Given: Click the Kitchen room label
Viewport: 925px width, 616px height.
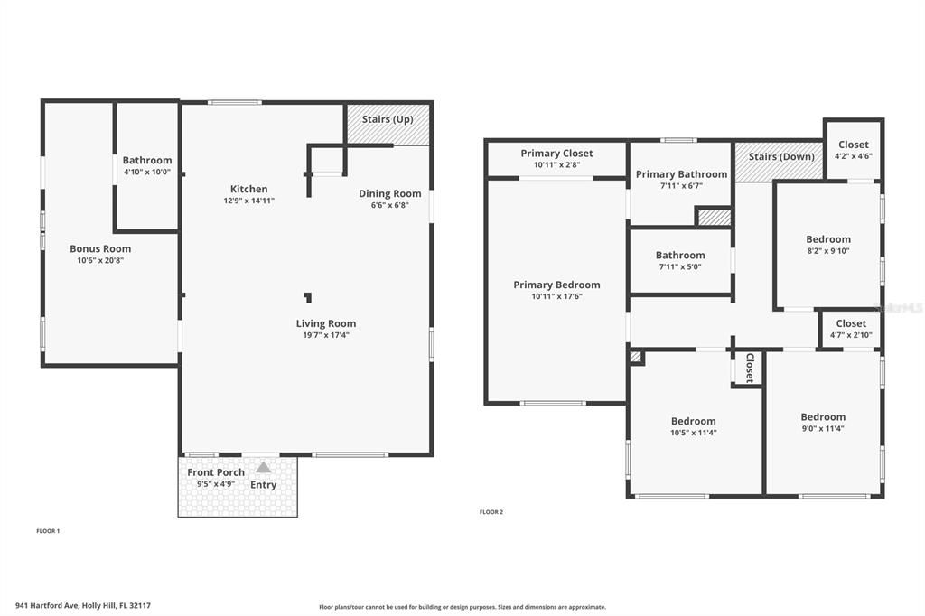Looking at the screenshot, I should point(248,189).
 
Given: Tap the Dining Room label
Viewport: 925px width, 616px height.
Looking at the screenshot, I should point(389,193).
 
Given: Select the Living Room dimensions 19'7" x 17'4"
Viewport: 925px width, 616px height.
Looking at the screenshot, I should point(326,335).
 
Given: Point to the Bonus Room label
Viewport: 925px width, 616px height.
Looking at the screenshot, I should point(100,248).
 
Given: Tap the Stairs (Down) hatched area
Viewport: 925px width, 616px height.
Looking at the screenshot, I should point(779,162).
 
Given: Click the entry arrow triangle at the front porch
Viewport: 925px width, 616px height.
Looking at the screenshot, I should point(263,468).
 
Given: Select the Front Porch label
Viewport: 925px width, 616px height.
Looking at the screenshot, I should point(216,472).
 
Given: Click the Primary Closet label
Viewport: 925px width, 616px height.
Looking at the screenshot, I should point(556,154).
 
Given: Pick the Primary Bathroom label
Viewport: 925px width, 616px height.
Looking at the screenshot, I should point(681,174).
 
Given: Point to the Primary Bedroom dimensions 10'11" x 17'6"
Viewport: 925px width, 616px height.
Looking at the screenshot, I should point(556,296).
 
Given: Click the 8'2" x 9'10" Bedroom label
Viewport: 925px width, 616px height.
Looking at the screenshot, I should point(828,239).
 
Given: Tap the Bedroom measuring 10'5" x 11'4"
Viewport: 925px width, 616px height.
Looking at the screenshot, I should point(694,421).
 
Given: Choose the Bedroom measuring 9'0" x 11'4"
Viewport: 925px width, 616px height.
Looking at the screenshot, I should point(823,417).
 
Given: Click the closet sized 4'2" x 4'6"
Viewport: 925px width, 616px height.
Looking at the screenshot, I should point(853,145).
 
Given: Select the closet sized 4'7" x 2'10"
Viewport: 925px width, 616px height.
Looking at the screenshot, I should point(851,323).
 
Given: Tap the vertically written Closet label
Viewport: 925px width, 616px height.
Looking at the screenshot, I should point(749,368).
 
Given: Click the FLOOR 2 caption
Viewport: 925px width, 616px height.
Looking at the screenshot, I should point(491,512).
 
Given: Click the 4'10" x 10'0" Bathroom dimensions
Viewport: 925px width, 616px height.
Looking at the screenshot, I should point(147,172).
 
